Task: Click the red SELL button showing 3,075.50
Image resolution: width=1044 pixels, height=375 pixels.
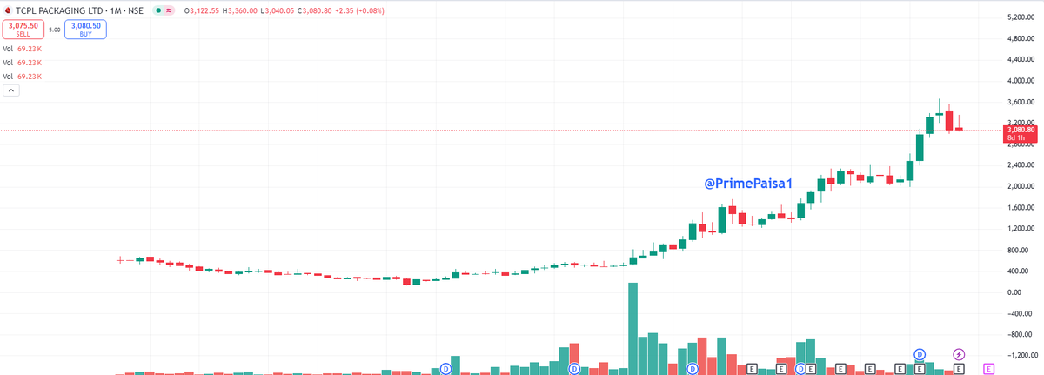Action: tap(23, 29)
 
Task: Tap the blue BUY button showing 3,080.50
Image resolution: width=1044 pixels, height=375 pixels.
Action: tap(84, 29)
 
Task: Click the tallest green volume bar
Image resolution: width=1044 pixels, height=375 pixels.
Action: tap(632, 328)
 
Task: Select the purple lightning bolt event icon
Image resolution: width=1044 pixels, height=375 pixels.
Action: tap(959, 353)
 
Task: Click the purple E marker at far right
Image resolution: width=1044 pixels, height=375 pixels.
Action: tap(988, 369)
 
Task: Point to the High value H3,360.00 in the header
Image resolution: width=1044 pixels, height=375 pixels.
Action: tap(244, 10)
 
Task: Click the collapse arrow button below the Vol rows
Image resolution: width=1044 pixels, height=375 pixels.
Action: tap(11, 90)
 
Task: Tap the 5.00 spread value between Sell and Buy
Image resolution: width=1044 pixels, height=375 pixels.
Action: tap(54, 29)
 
